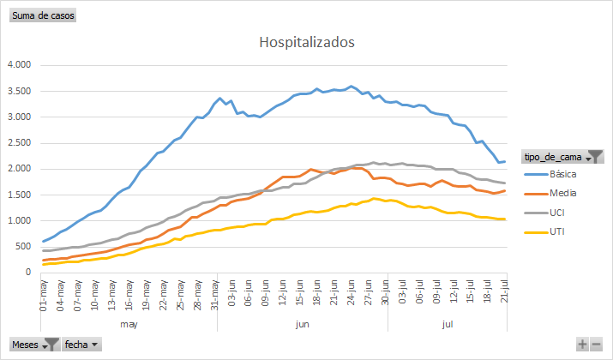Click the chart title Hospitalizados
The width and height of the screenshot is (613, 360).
pos(306,42)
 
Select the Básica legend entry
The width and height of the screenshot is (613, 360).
pos(562,175)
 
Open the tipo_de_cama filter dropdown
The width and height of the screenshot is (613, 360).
pos(595,156)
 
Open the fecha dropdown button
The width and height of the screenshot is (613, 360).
pos(81,344)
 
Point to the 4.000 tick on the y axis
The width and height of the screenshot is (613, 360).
pos(19,65)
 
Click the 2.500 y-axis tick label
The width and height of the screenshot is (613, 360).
pos(19,143)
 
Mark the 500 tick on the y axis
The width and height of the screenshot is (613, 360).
pos(23,247)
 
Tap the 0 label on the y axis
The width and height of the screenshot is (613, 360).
pos(28,273)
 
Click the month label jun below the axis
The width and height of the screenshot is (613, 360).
pos(302,325)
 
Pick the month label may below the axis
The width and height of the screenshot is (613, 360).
pos(129,325)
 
